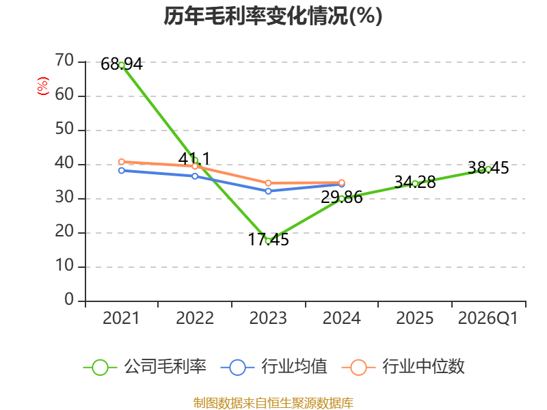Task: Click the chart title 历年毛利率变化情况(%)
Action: click(x=273, y=16)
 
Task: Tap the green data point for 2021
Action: click(x=122, y=65)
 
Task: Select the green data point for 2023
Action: click(x=268, y=241)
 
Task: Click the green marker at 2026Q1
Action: click(x=488, y=169)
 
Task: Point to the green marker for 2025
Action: click(x=415, y=184)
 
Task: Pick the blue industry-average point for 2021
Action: click(x=122, y=170)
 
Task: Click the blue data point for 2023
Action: click(x=268, y=191)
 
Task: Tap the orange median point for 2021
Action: click(x=122, y=162)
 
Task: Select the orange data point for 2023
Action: click(x=268, y=183)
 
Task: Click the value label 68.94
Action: click(x=122, y=64)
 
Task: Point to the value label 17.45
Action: click(x=268, y=240)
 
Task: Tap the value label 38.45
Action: click(x=488, y=167)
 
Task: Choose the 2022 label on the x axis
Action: click(x=195, y=318)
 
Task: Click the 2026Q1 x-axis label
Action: click(x=488, y=318)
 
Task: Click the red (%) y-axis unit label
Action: click(x=43, y=86)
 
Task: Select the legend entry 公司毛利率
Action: click(x=145, y=367)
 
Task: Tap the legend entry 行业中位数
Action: click(x=403, y=367)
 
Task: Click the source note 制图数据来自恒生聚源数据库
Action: click(x=273, y=403)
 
